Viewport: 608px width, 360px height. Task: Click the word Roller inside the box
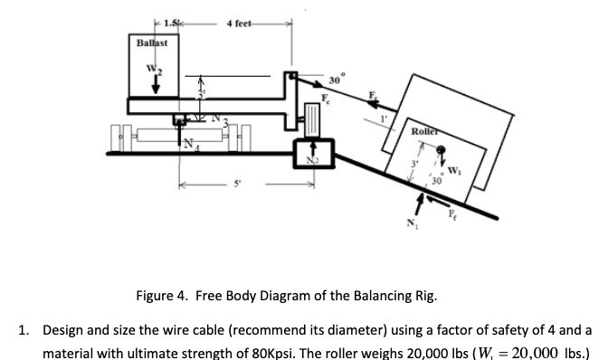[425, 132]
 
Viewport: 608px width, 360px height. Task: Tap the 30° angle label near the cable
[334, 78]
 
